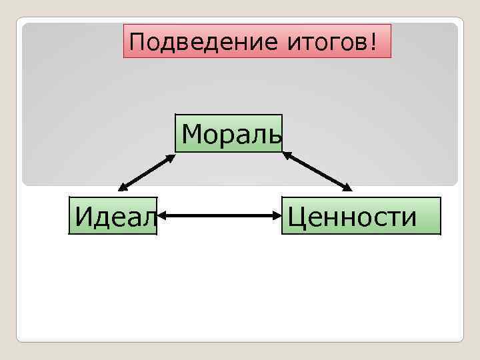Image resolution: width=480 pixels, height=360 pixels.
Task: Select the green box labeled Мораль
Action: click(x=229, y=134)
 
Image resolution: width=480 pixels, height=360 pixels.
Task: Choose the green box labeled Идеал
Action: click(x=113, y=216)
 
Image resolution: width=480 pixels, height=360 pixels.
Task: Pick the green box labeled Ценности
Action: click(x=361, y=216)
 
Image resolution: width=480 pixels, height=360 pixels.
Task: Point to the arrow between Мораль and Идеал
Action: click(x=147, y=173)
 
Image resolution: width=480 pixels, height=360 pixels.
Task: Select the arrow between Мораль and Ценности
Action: click(x=317, y=171)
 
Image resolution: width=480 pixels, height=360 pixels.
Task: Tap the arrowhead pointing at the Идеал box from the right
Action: click(x=163, y=216)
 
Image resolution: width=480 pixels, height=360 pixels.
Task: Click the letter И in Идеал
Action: click(x=84, y=216)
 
